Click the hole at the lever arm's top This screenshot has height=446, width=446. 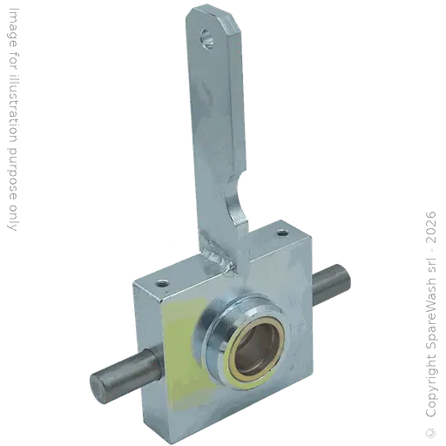pyautogui.click(x=207, y=38)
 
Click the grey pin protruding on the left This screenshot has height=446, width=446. pyautogui.click(x=125, y=373)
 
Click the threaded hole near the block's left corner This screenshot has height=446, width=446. pyautogui.click(x=162, y=283)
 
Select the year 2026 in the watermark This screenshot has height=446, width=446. pyautogui.click(x=430, y=227)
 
